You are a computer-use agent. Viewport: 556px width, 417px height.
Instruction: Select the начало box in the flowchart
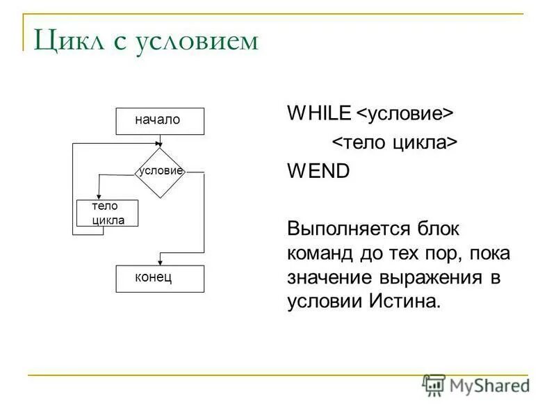[x=160, y=120]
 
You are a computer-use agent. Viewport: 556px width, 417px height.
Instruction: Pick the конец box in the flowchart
[x=160, y=278]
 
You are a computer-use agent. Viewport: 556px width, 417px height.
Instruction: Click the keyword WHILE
[x=319, y=113]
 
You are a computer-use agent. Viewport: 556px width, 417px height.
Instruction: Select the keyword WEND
[x=318, y=172]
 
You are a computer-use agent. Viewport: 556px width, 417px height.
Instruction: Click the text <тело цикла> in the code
[x=393, y=142]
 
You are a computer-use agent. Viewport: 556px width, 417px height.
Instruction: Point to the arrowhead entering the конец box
[x=161, y=262]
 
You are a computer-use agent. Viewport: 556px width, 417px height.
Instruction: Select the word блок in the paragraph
[x=439, y=229]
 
